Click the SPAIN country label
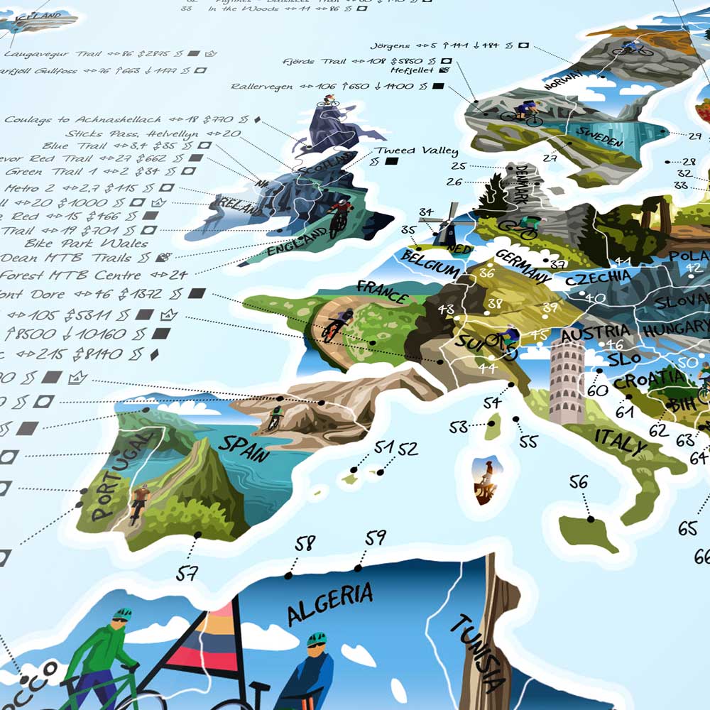point(244,447)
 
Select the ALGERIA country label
point(330,603)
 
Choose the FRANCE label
point(383,290)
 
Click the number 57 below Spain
point(187,572)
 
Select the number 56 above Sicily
point(579,483)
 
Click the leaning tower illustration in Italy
point(566,381)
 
